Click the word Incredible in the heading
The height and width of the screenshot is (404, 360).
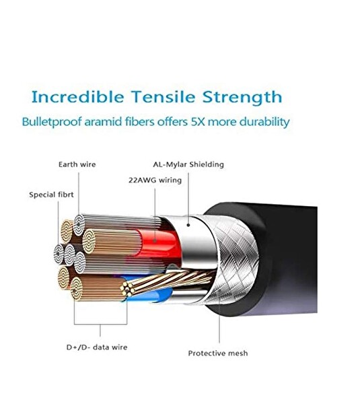pyautogui.click(x=77, y=97)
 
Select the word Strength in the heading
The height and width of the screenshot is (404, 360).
pyautogui.click(x=242, y=98)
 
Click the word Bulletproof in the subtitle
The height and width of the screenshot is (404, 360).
pyautogui.click(x=52, y=122)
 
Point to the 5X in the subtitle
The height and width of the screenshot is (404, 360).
pyautogui.click(x=198, y=122)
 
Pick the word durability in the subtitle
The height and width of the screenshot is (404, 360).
pyautogui.click(x=264, y=122)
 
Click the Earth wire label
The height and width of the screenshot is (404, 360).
pyautogui.click(x=77, y=164)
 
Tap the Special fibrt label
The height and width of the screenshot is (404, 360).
pyautogui.click(x=51, y=195)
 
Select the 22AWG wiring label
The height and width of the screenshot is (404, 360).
pyautogui.click(x=155, y=180)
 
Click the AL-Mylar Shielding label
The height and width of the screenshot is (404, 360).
pyautogui.click(x=188, y=164)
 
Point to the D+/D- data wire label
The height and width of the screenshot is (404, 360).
pyautogui.click(x=97, y=347)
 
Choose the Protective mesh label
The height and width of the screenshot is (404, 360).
pyautogui.click(x=218, y=353)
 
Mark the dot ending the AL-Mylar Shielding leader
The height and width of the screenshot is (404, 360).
pyautogui.click(x=188, y=225)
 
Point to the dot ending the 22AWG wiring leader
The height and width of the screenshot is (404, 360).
pyautogui.click(x=155, y=241)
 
